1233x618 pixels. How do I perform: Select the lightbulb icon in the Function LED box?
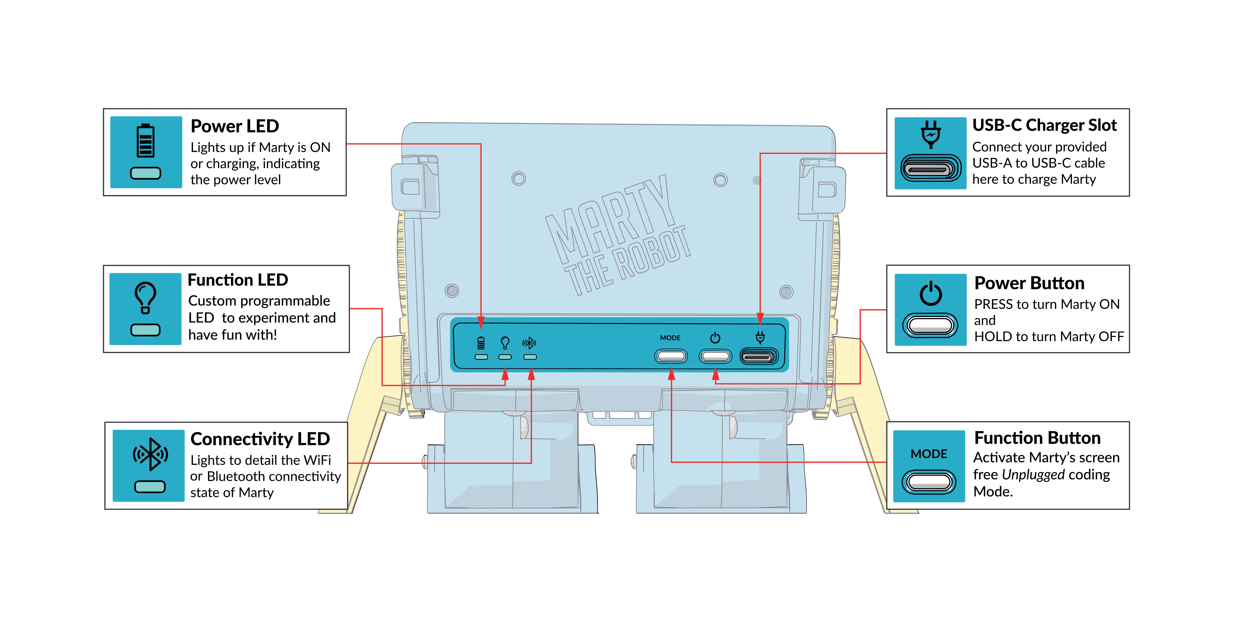coord(145,297)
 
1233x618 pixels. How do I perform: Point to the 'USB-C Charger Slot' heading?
coord(1044,125)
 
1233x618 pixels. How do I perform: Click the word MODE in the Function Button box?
coord(929,454)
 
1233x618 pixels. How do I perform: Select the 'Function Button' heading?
coord(1037,438)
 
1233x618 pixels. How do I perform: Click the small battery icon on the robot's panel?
coord(481,343)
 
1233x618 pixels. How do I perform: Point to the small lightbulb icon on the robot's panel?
coord(504,343)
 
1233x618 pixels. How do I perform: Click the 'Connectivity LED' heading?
coord(260,439)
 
